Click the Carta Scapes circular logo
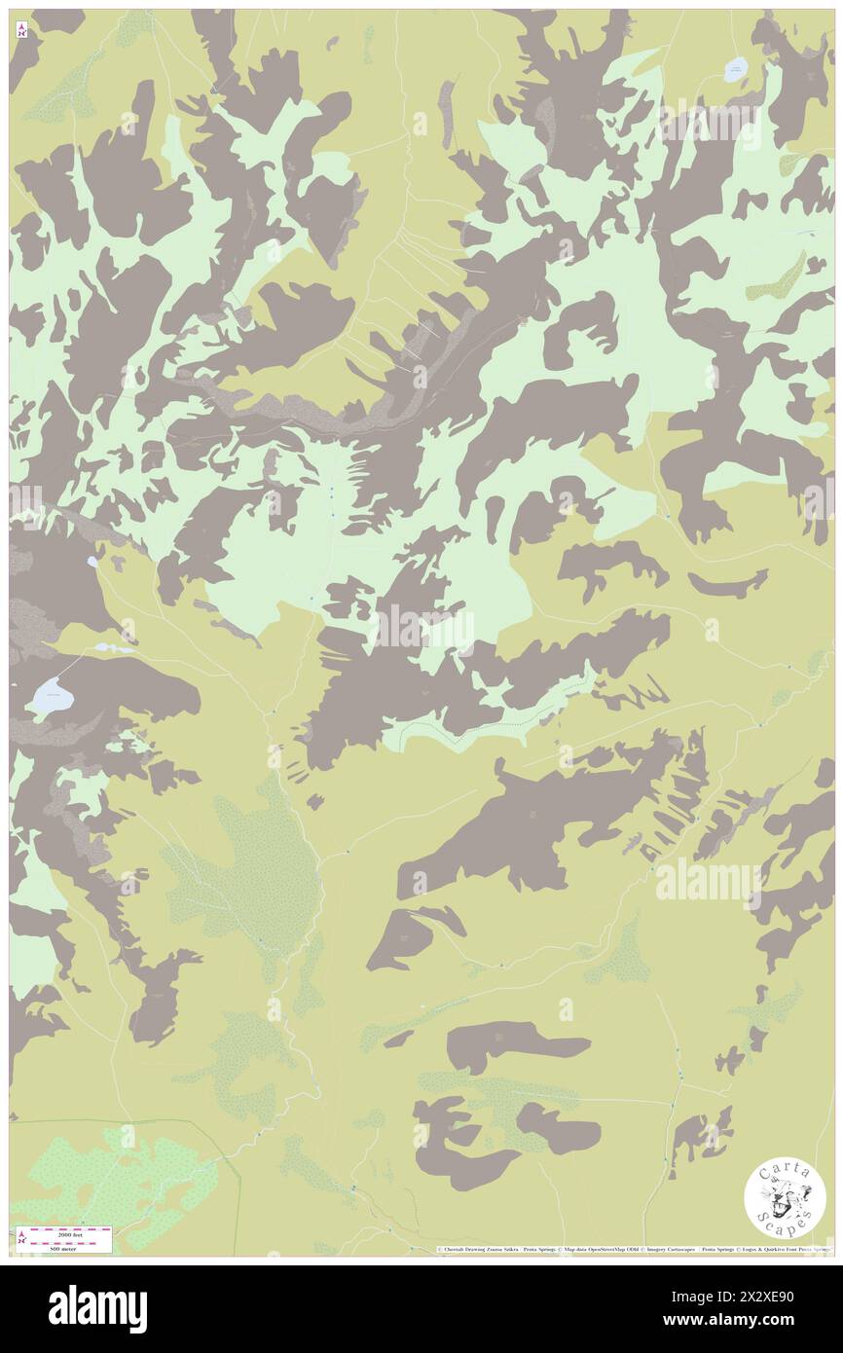point(785,1200)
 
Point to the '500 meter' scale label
point(62,1249)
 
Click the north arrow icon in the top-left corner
point(21,31)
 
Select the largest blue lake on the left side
point(51,696)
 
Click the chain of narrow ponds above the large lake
point(113,647)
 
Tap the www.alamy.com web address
point(769,1321)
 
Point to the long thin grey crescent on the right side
point(728,585)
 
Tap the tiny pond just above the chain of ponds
point(92,562)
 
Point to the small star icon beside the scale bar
point(21,1238)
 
